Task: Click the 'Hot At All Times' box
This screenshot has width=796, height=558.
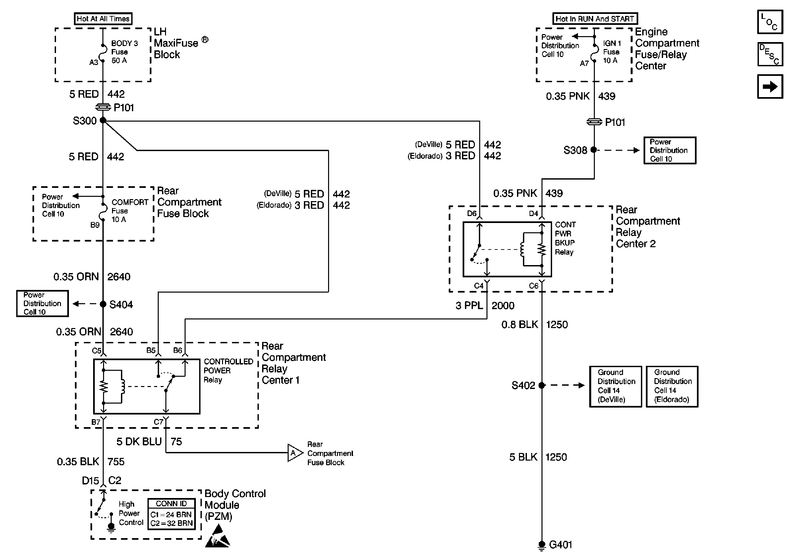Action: point(103,19)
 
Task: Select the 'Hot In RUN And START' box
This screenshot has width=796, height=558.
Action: point(595,19)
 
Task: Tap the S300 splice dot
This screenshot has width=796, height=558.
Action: point(103,120)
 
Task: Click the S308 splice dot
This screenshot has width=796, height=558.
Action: point(594,150)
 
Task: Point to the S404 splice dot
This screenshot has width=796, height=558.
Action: point(103,304)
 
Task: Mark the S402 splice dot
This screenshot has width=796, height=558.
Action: point(542,385)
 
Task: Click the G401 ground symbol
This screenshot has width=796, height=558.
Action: point(541,545)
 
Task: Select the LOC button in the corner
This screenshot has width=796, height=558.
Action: point(770,22)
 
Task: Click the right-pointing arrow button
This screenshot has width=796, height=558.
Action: point(770,86)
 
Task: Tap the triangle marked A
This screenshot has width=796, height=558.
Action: point(294,453)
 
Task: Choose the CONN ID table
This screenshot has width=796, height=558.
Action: point(171,514)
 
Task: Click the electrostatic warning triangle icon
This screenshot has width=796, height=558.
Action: point(218,537)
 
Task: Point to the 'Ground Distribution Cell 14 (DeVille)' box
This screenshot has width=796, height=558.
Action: point(615,386)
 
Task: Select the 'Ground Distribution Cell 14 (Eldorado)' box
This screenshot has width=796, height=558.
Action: point(672,386)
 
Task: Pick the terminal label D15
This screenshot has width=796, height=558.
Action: point(90,481)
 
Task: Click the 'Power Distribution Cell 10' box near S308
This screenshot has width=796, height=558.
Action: point(669,150)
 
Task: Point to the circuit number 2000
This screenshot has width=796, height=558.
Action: point(503,306)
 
